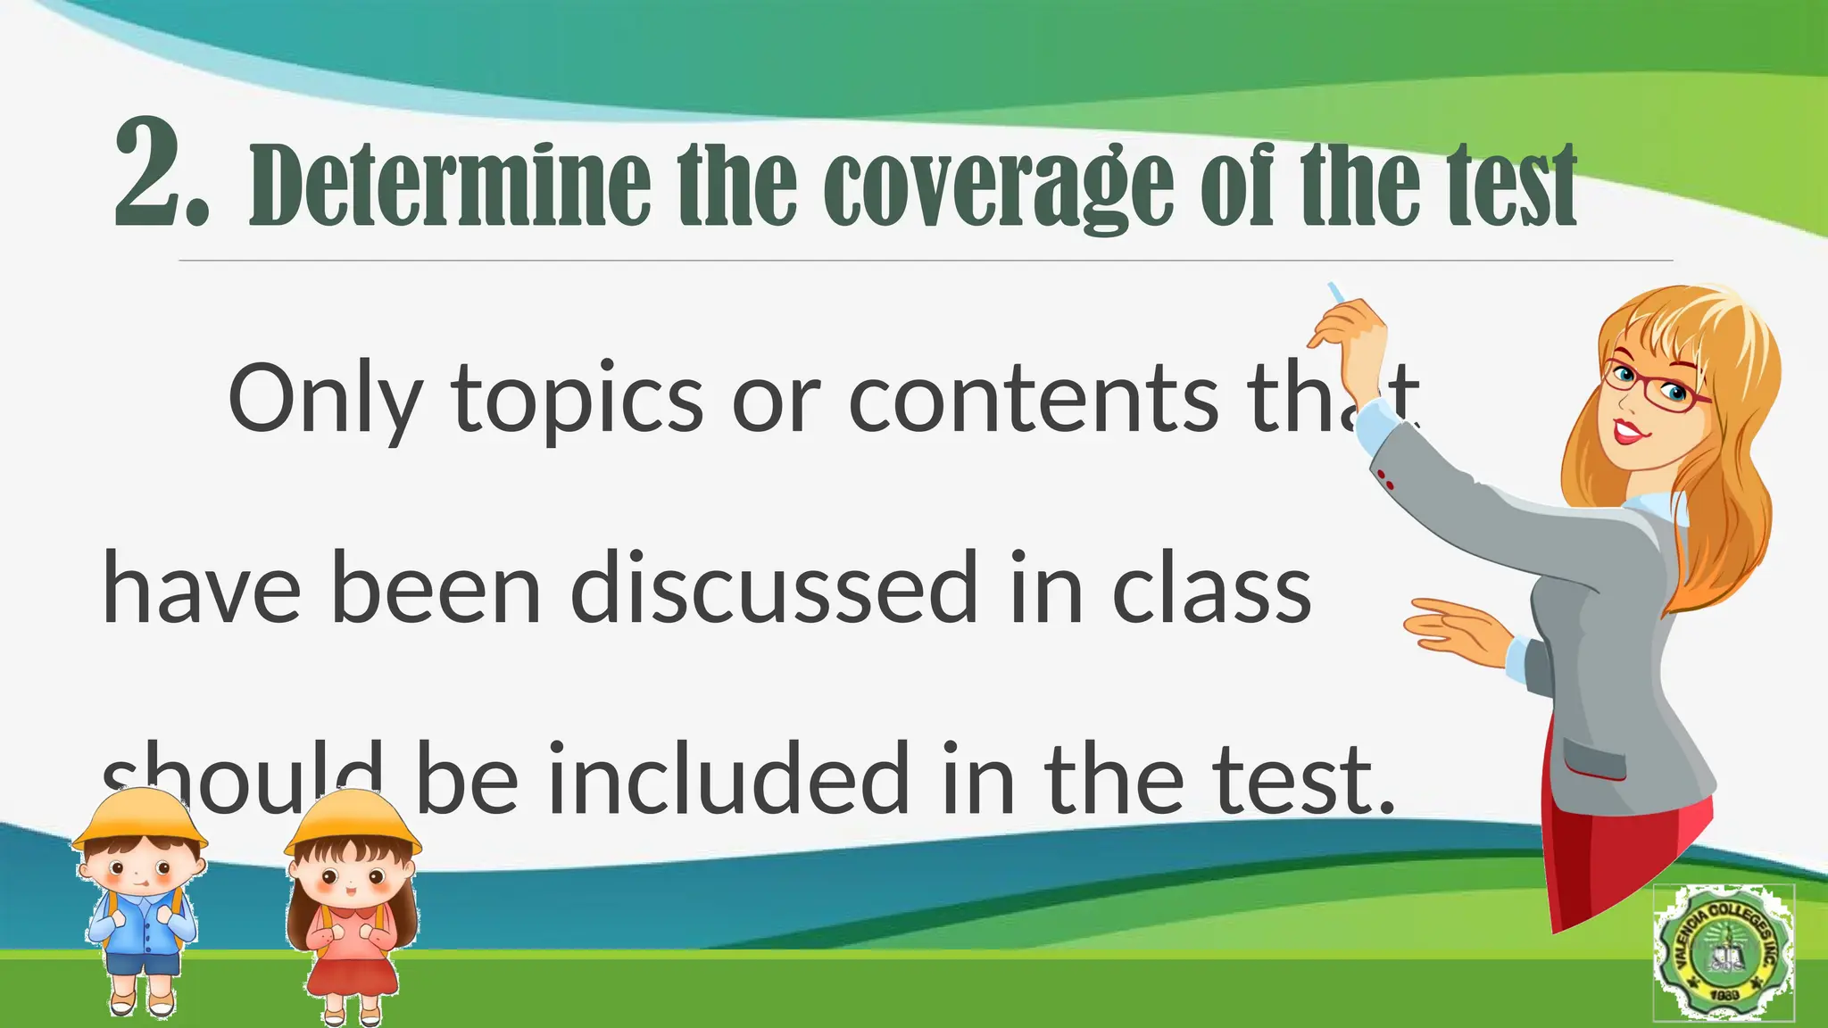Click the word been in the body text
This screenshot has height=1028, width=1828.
pyautogui.click(x=436, y=589)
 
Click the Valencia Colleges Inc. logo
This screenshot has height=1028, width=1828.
pyautogui.click(x=1723, y=953)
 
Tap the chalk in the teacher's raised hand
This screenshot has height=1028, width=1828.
pyautogui.click(x=1336, y=293)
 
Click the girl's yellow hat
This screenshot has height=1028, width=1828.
pyautogui.click(x=353, y=821)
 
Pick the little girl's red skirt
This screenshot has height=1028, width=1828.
pyautogui.click(x=353, y=973)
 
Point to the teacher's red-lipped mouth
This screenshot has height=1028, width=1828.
pyautogui.click(x=1629, y=433)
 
